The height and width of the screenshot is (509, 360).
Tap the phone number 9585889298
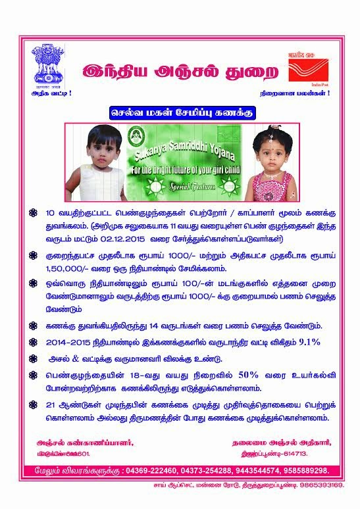(303, 471)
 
